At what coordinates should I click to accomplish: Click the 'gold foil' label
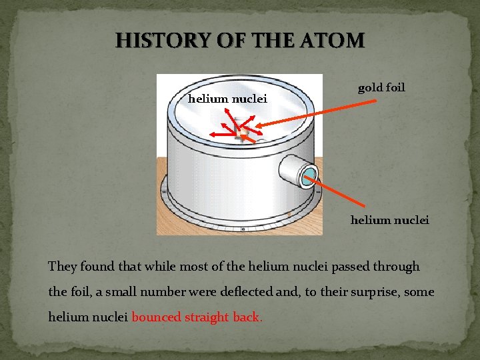[x=381, y=87]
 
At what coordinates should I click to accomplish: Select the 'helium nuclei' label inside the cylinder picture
[x=227, y=99]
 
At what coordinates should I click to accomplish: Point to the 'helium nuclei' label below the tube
[x=390, y=219]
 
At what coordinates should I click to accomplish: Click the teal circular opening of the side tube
[x=309, y=177]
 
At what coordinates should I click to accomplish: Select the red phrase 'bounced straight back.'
[x=197, y=317]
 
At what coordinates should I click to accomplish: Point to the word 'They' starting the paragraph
[x=62, y=267]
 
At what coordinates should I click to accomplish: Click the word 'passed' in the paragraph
[x=324, y=267]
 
